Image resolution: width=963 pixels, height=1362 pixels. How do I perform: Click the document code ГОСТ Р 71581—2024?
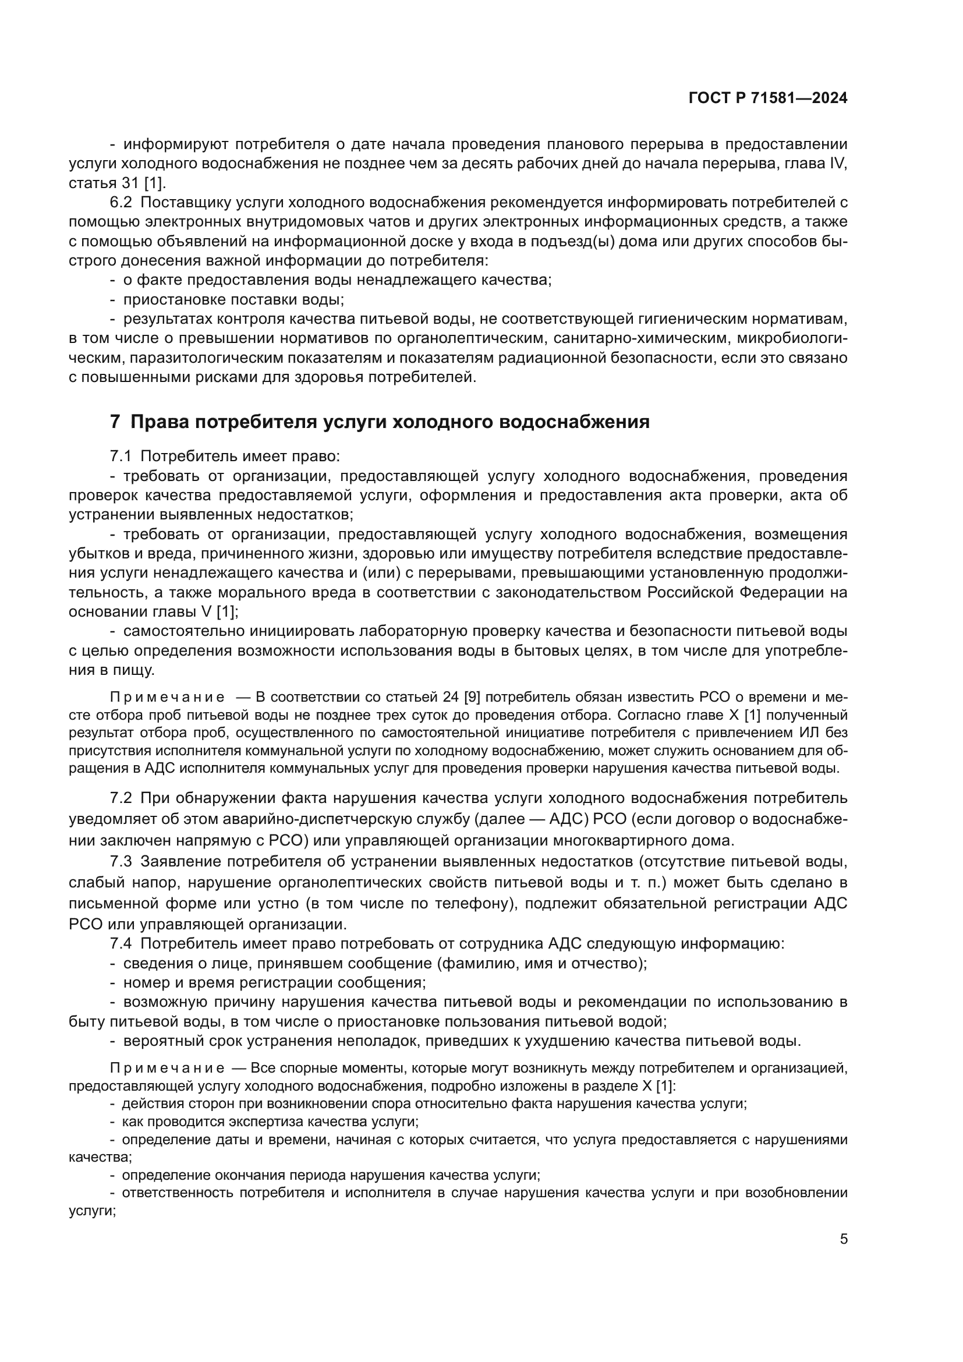tap(768, 98)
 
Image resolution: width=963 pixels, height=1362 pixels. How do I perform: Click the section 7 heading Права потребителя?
tap(380, 422)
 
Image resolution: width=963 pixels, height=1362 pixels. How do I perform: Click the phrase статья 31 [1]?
tap(118, 183)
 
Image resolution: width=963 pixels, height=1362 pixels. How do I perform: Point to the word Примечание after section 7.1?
tap(167, 696)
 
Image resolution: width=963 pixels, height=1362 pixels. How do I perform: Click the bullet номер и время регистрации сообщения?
tap(274, 982)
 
